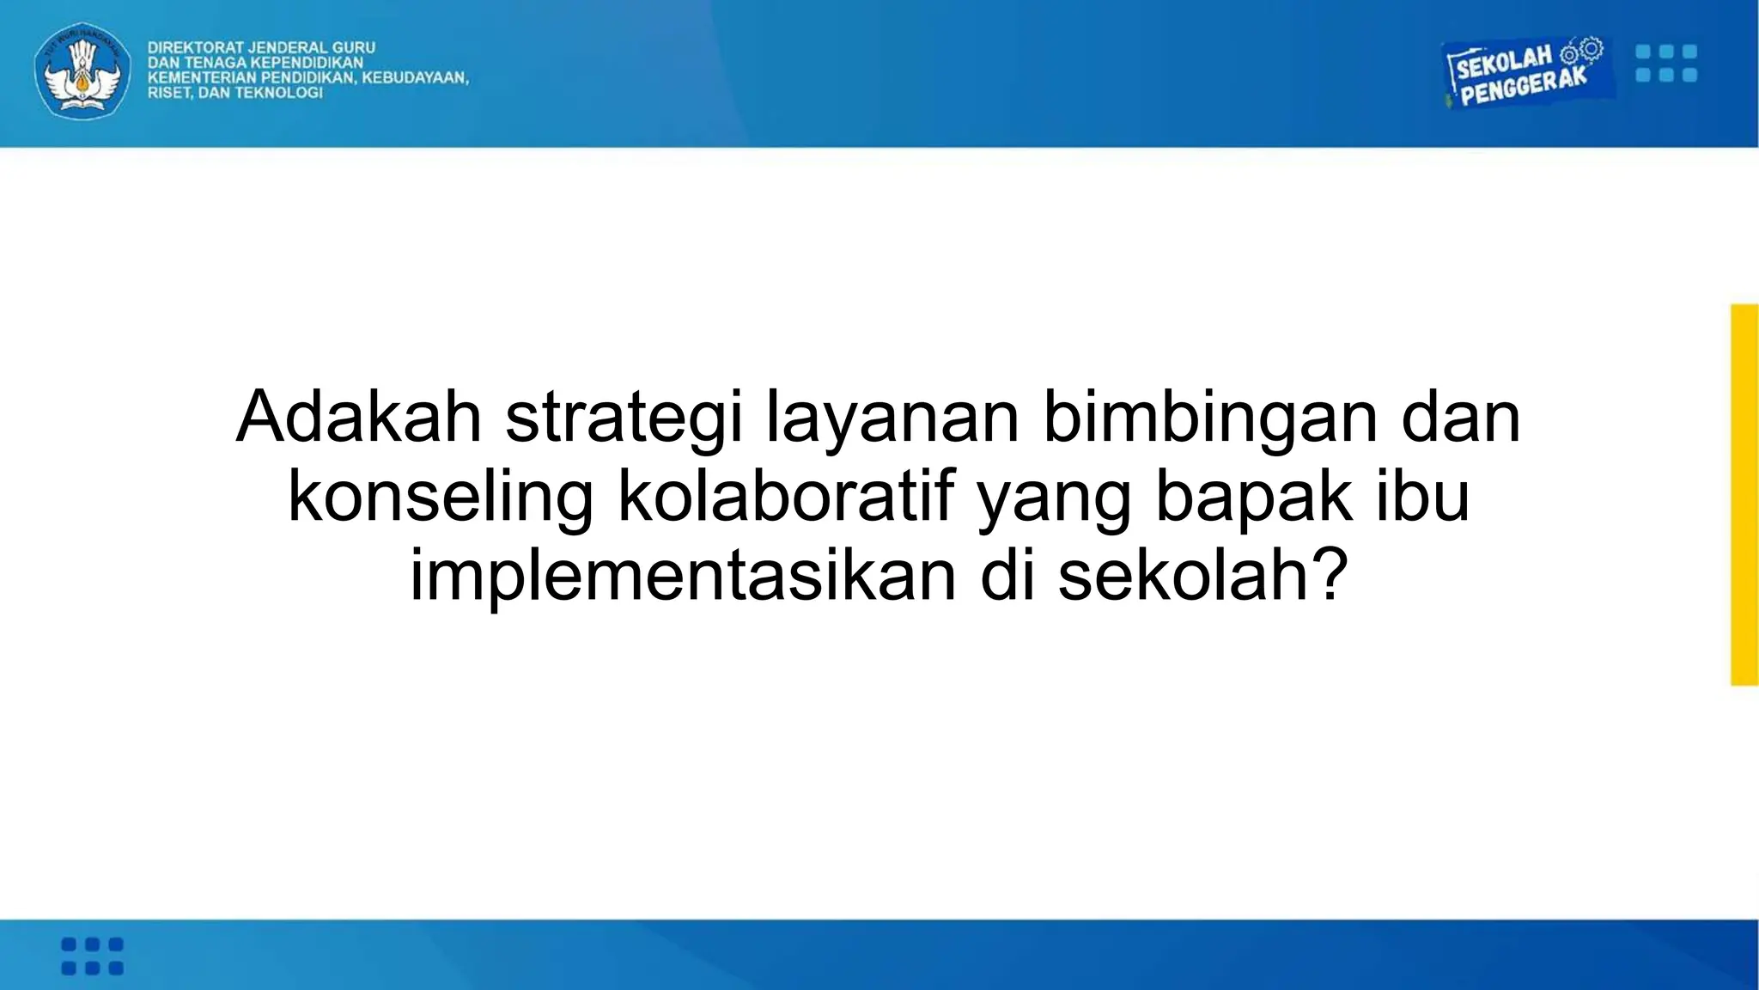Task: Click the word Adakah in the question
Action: (x=358, y=418)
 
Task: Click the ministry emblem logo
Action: (x=82, y=70)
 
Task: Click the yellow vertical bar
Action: (x=1744, y=495)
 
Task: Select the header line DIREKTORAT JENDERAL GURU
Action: (x=261, y=47)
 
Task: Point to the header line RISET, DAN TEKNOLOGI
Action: (x=234, y=93)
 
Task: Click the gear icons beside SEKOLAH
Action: (x=1581, y=51)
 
